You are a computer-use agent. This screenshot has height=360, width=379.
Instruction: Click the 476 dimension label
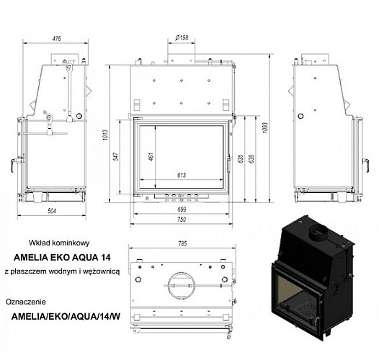pyautogui.click(x=56, y=39)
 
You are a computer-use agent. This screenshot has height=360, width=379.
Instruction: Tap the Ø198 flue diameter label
pyautogui.click(x=182, y=37)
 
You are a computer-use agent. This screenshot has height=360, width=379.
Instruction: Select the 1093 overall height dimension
pyautogui.click(x=265, y=127)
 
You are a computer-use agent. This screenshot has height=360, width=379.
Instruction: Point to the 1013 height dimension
pyautogui.click(x=105, y=135)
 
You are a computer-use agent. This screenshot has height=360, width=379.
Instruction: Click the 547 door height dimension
pyautogui.click(x=116, y=156)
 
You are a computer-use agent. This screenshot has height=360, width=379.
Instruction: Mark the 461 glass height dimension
pyautogui.click(x=151, y=156)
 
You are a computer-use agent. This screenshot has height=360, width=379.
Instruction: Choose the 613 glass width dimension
pyautogui.click(x=182, y=175)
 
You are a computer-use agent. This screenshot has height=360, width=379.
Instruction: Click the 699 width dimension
pyautogui.click(x=182, y=210)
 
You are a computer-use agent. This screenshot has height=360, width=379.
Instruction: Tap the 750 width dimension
pyautogui.click(x=182, y=220)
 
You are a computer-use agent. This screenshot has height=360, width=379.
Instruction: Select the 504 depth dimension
pyautogui.click(x=52, y=211)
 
